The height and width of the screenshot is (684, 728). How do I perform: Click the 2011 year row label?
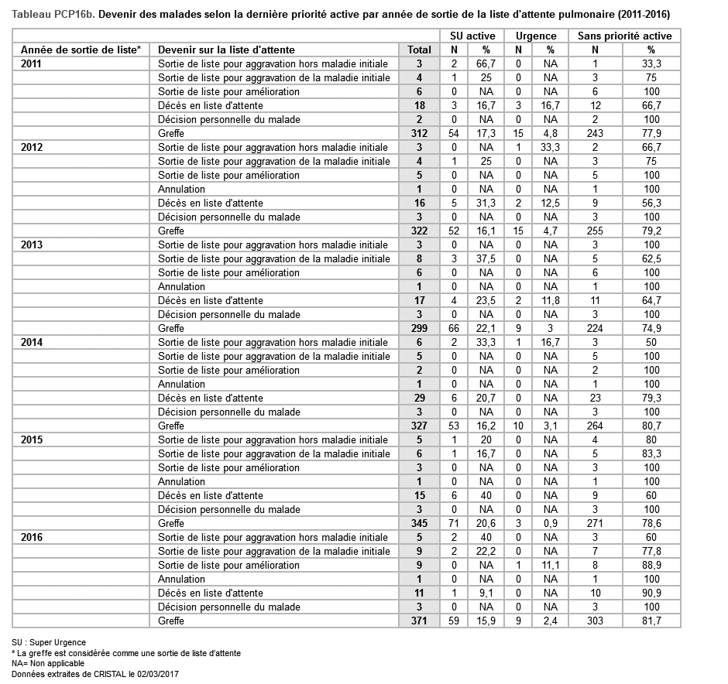point(32,63)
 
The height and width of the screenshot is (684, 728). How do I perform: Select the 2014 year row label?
point(32,342)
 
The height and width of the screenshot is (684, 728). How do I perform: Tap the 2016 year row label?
point(32,537)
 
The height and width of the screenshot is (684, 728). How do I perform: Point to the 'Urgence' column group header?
point(536,36)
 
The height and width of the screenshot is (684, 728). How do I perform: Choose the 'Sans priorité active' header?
point(624,36)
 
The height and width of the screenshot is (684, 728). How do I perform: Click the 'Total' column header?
point(419,50)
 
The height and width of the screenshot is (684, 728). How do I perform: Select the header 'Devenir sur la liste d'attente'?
point(226,50)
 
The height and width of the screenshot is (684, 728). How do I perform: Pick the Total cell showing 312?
point(419,133)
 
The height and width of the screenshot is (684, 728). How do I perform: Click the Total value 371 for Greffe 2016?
point(419,621)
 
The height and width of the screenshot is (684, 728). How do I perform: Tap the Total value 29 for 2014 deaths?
point(419,398)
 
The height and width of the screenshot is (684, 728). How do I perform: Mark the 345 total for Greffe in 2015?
point(419,523)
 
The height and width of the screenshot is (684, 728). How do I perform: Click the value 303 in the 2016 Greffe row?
point(595,621)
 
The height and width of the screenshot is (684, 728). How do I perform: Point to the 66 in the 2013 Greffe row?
point(455,328)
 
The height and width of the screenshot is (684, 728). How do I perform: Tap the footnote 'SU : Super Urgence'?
point(49,642)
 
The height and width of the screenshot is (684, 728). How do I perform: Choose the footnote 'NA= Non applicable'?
point(48,663)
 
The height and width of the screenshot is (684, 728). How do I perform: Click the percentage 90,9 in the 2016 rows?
point(651,593)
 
